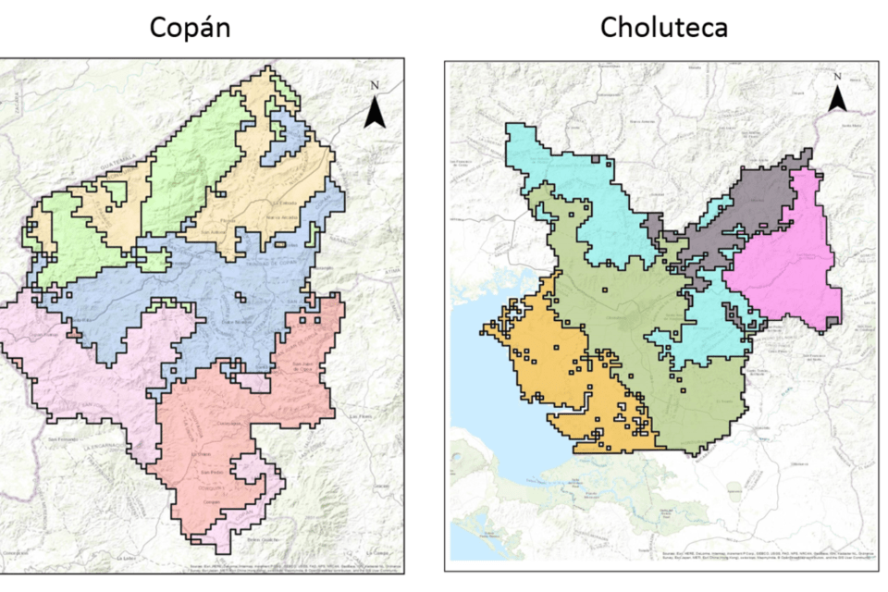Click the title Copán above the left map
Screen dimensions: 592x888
[190, 28]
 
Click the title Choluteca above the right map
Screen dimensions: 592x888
[663, 28]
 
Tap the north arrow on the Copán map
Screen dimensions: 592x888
[375, 113]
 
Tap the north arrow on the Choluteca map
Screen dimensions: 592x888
[837, 98]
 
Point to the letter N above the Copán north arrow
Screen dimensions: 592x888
[375, 86]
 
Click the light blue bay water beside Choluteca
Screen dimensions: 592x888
[472, 370]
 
